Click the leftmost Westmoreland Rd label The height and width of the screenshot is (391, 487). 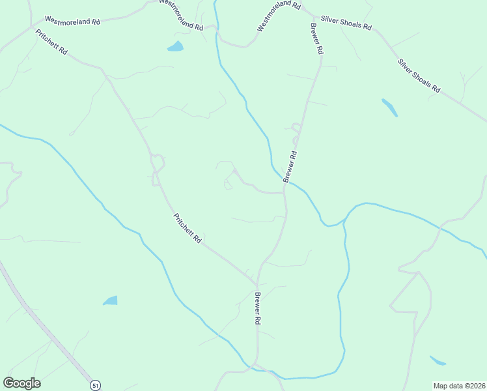coord(72,21)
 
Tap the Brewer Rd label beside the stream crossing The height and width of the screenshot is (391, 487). coord(290,166)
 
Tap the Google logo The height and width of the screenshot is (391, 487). coord(21,383)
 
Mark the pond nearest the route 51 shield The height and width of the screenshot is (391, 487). coord(111,300)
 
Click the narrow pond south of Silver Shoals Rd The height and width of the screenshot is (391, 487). coord(389,108)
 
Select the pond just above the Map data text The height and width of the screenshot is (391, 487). coord(438,360)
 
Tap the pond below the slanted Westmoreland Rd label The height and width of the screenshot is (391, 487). coord(175,46)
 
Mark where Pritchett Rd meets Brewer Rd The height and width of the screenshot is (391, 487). coord(257,284)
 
